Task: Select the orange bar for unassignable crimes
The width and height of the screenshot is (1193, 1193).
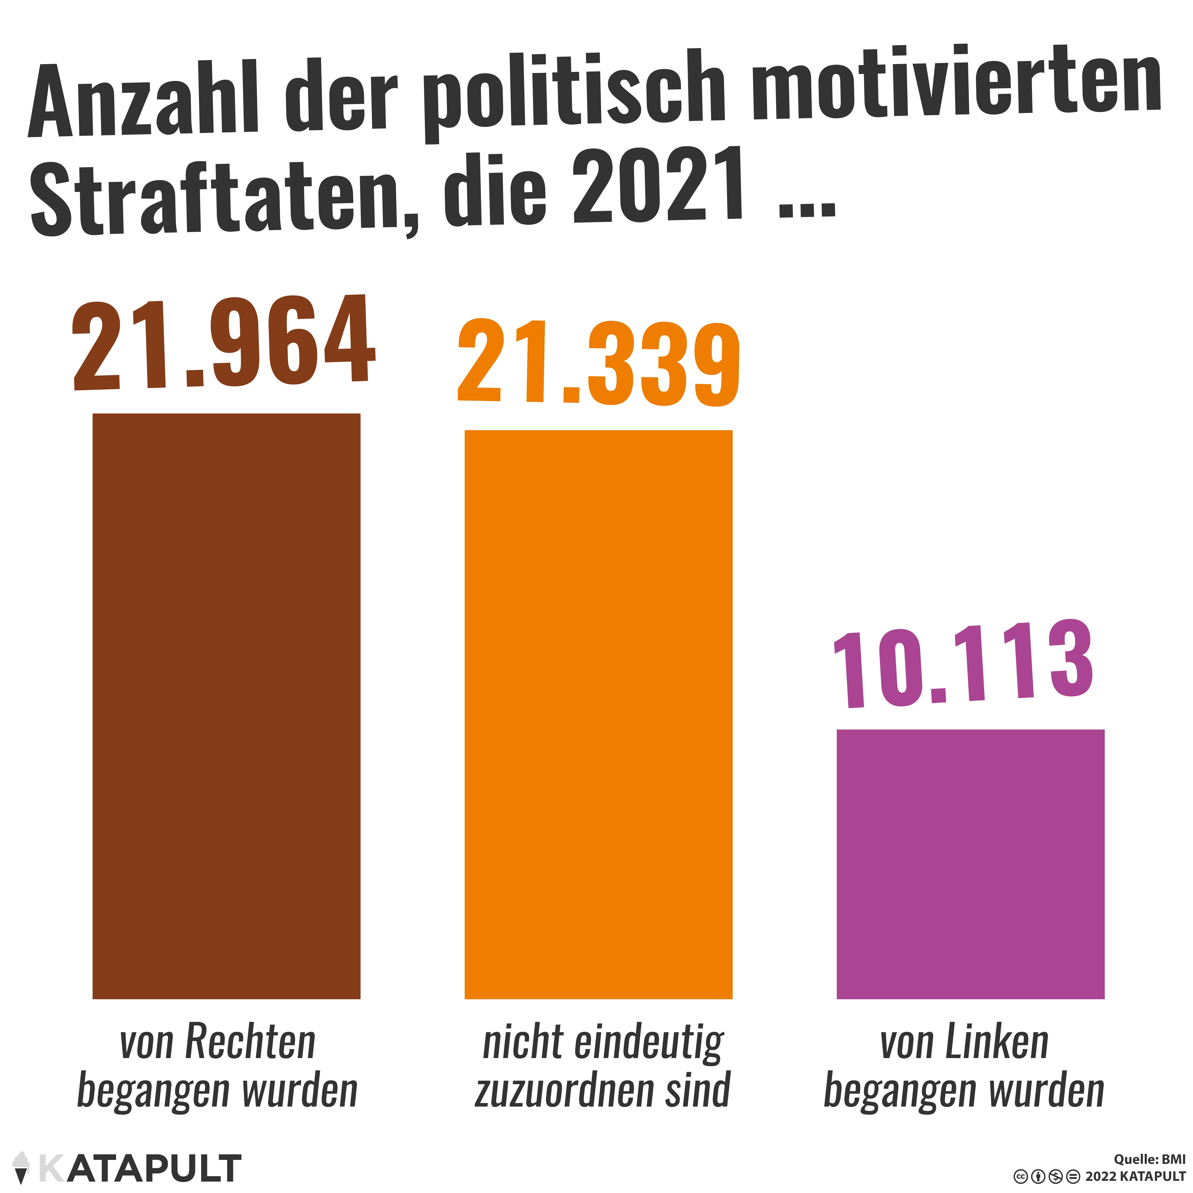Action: click(x=598, y=715)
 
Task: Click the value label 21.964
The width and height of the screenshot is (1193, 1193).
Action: click(x=223, y=343)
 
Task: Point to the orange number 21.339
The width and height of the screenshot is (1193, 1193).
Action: click(x=598, y=363)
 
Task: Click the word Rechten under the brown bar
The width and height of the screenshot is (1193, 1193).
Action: click(x=251, y=1042)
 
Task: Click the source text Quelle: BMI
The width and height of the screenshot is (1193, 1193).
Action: click(x=1150, y=1159)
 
